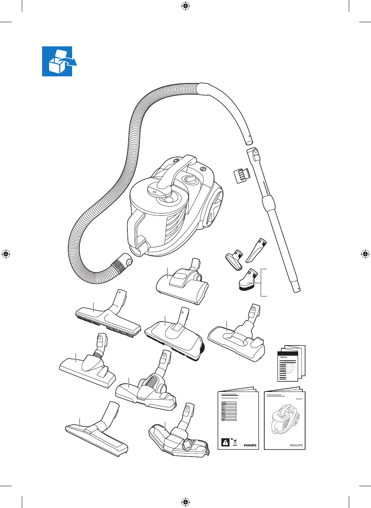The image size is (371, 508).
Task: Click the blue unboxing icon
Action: (x=57, y=61)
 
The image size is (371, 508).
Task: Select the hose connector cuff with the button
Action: (x=122, y=263)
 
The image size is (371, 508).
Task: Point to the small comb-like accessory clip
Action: (x=242, y=175)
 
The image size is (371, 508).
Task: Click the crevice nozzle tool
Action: (x=256, y=250)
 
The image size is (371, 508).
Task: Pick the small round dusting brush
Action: (x=248, y=280)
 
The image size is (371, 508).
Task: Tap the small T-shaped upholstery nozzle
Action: (x=235, y=260)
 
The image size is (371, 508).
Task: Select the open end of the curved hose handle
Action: (x=249, y=143)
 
